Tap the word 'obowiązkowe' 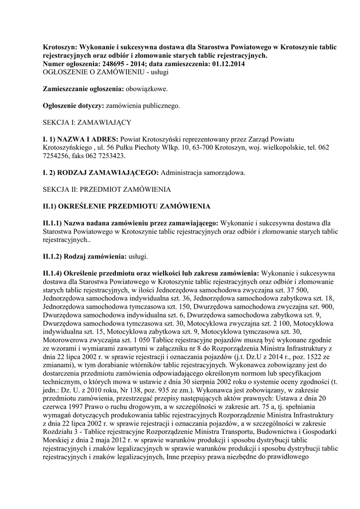(148, 89)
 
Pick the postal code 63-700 (221, 148)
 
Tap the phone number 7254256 (59, 156)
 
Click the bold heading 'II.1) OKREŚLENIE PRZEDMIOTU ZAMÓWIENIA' (127, 206)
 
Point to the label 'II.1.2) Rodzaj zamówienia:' (85, 256)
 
